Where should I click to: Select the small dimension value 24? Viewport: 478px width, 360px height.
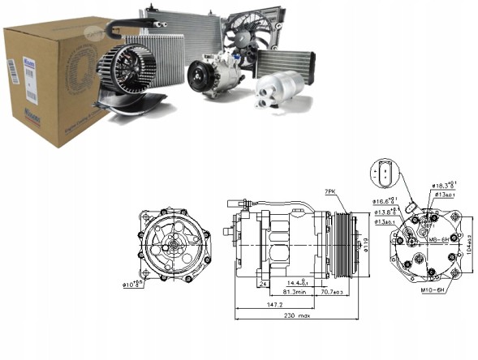(265, 284)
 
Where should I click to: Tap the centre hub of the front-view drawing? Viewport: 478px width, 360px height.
(173, 242)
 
